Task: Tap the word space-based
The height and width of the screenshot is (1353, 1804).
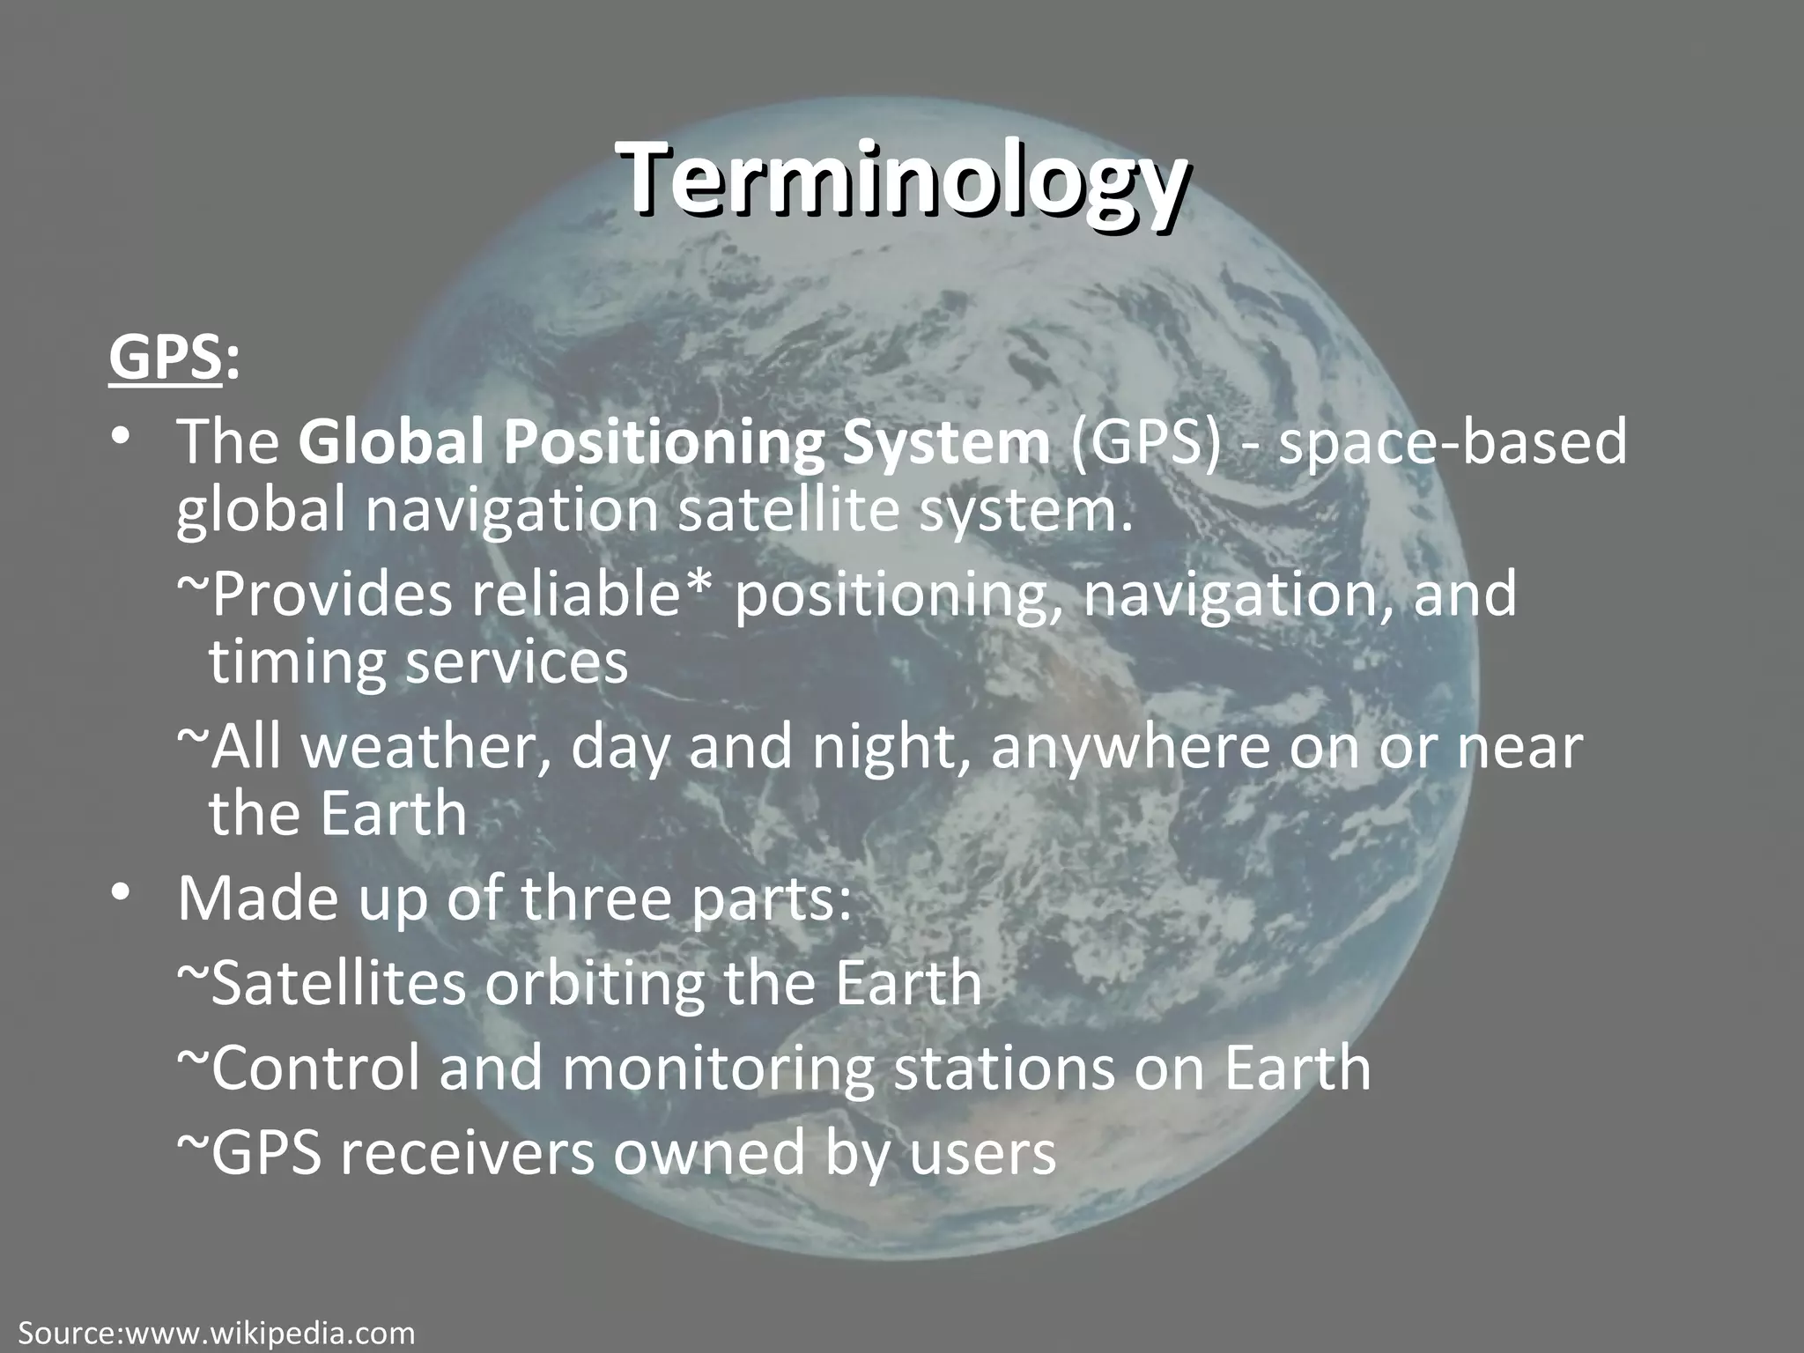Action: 1451,442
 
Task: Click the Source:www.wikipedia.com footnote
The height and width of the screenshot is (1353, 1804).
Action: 216,1333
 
